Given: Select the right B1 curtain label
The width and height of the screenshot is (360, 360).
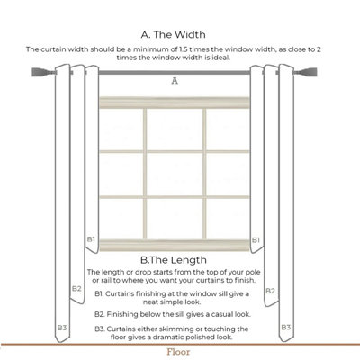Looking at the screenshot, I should point(256,240).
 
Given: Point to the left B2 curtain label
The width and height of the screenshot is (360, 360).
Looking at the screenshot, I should point(76,288).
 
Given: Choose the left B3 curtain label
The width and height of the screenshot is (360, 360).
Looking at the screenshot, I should point(62,328).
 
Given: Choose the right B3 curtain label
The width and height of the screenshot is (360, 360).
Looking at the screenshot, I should point(284,328).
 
